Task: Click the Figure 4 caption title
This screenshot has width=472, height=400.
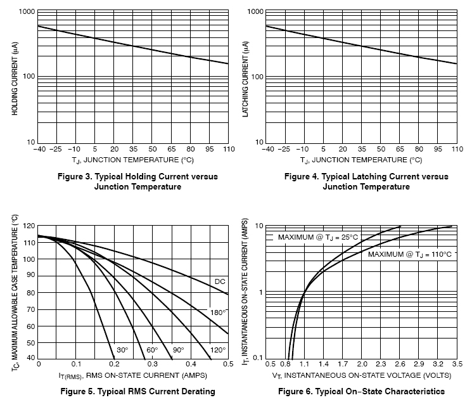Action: [366, 181]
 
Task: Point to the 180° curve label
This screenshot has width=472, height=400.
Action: [218, 312]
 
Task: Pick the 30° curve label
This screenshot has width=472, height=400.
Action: [122, 349]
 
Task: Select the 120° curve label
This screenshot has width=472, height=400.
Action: [218, 349]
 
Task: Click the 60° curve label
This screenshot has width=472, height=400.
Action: [152, 349]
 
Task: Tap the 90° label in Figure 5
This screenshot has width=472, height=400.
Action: [178, 349]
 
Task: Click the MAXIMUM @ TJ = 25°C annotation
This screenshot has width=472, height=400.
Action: [319, 237]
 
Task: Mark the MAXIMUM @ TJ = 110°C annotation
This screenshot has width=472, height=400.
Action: [410, 254]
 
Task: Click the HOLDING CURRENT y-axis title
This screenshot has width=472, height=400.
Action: [14, 78]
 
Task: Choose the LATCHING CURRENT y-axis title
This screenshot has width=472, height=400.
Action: [245, 78]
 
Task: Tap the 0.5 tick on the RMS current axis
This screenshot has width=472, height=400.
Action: [227, 365]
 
